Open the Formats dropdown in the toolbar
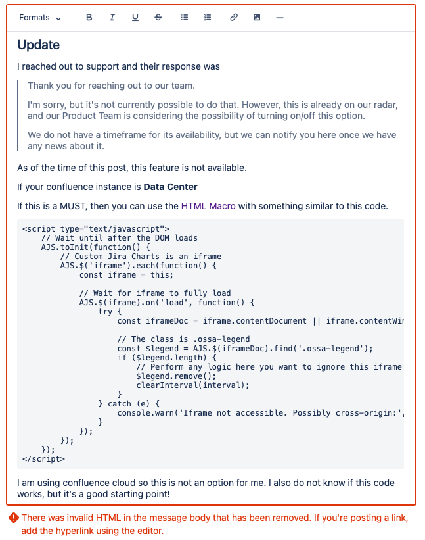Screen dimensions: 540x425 click(x=40, y=18)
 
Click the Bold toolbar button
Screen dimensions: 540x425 click(x=89, y=18)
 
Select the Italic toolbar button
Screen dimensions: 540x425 click(x=112, y=18)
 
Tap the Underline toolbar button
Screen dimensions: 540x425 click(x=135, y=18)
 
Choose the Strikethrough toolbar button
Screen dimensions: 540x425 click(x=158, y=18)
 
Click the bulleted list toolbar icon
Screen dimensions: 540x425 click(x=185, y=18)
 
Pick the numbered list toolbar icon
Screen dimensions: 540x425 click(x=208, y=18)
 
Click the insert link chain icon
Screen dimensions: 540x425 click(x=234, y=18)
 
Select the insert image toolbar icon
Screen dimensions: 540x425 click(x=257, y=18)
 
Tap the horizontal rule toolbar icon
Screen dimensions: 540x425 click(x=280, y=18)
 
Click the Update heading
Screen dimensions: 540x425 click(x=39, y=45)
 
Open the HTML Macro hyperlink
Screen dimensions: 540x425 click(x=208, y=206)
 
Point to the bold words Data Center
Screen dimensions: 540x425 click(x=171, y=187)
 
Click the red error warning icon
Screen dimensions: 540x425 click(x=13, y=518)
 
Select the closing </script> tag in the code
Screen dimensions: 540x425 click(x=43, y=459)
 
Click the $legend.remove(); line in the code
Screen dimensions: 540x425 click(x=174, y=376)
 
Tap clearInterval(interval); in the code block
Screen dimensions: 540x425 click(x=193, y=385)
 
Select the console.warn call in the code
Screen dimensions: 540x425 click(x=145, y=413)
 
